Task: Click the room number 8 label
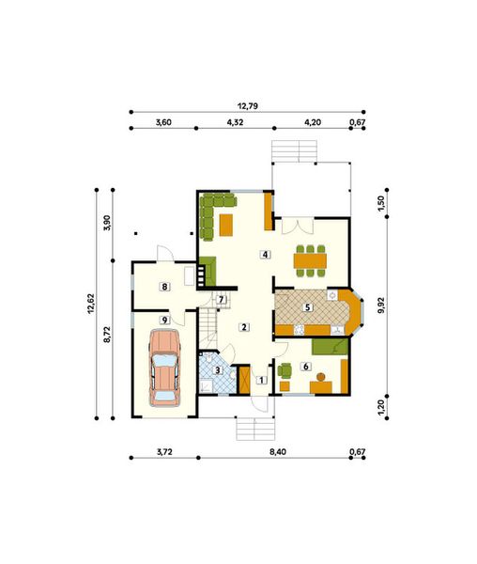[x=164, y=287]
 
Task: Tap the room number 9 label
[x=164, y=321]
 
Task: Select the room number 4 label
[x=266, y=255]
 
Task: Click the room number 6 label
[x=305, y=366]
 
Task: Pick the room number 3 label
[x=218, y=370]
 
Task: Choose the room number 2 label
[x=243, y=327]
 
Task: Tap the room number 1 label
[x=262, y=380]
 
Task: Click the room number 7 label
[x=221, y=300]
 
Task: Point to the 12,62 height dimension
[x=95, y=305]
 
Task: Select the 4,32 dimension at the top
[x=235, y=122]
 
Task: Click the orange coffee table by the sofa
[x=226, y=225]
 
